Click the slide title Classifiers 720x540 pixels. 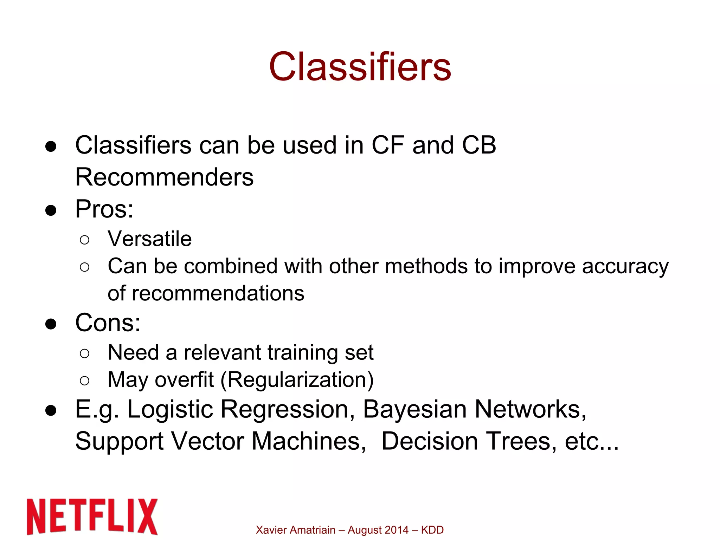pos(360,67)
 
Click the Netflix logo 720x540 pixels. pos(92,516)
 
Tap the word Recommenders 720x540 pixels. pos(164,177)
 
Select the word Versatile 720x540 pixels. pos(149,239)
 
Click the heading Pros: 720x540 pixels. pos(104,209)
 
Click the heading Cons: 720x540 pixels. pos(108,323)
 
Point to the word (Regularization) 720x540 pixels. pos(297,380)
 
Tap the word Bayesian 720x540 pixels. pos(414,410)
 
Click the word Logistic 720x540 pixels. pos(170,410)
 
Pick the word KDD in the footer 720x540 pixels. pos(432,530)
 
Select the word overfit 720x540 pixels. pos(184,380)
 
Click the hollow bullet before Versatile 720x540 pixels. pos(84,240)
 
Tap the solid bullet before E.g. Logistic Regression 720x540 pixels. pos(51,410)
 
